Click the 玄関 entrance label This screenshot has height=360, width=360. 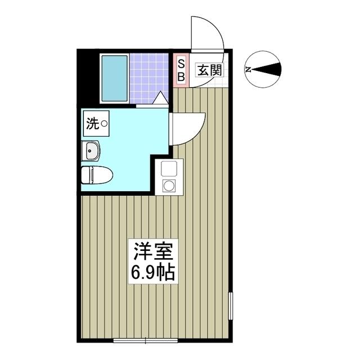click(210, 70)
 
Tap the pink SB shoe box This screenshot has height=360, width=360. click(181, 70)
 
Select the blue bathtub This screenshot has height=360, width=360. click(115, 79)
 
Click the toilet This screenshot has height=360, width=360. click(97, 175)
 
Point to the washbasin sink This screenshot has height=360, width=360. click(91, 150)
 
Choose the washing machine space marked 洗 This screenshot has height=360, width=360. click(96, 124)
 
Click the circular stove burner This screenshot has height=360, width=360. click(169, 185)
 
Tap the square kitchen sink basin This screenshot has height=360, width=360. click(169, 168)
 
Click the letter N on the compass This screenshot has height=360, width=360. click(248, 69)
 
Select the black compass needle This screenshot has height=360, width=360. click(267, 69)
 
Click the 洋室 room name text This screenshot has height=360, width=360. click(152, 251)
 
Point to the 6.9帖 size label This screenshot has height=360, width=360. click(153, 272)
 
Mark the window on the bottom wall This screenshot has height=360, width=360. click(146, 340)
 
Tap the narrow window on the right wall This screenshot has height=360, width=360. click(230, 306)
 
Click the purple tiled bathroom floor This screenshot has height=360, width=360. click(148, 79)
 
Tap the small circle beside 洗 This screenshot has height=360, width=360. click(104, 124)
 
